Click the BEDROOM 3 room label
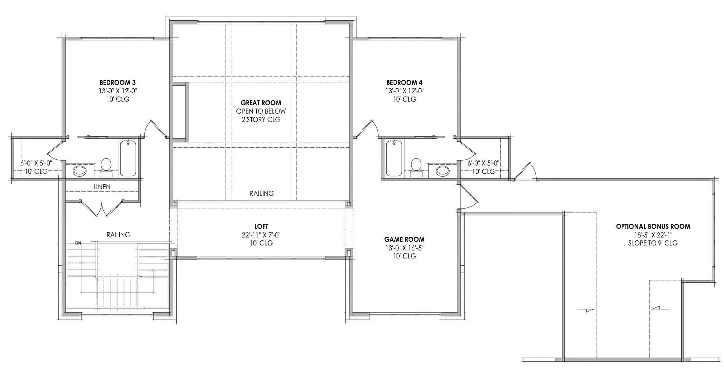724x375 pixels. [x=118, y=83]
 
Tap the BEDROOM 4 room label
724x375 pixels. [x=404, y=83]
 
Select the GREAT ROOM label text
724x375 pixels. [x=261, y=103]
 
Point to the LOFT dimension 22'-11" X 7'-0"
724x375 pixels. [x=261, y=235]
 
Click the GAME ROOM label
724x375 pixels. [x=404, y=239]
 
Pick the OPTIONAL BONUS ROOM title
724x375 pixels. [x=653, y=227]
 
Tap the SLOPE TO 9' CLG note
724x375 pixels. [x=653, y=243]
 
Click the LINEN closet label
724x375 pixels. [x=102, y=187]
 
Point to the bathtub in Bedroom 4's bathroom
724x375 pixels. [x=394, y=158]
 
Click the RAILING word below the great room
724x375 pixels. [x=261, y=193]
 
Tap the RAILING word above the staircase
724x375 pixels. [x=118, y=235]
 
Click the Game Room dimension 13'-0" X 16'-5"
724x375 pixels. [x=404, y=248]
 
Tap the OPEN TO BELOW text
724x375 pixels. [x=261, y=111]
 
